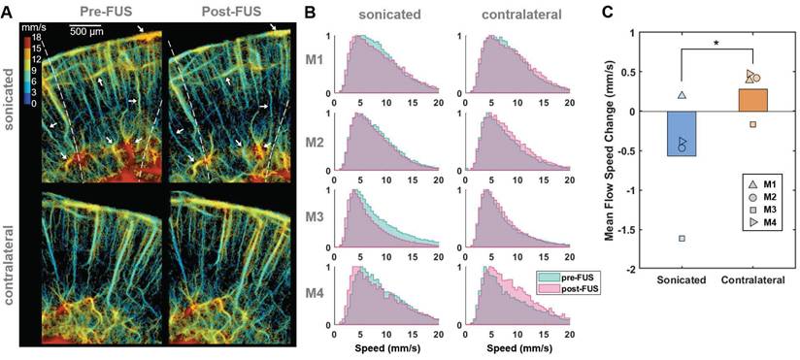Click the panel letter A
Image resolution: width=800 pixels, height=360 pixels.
pos(8,14)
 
